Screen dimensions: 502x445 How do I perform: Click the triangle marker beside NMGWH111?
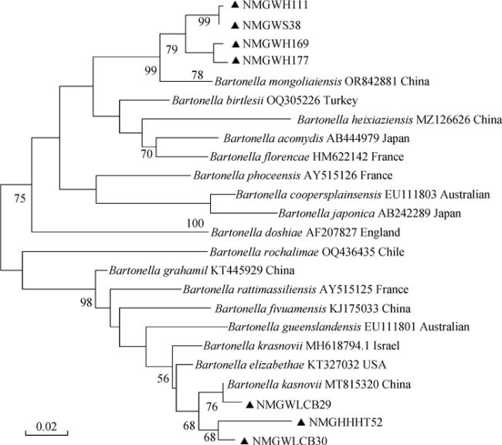coord(236,5)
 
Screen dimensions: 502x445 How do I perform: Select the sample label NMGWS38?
coord(272,25)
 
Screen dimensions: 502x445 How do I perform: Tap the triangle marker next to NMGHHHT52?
coord(300,423)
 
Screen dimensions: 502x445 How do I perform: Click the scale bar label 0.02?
coord(46,426)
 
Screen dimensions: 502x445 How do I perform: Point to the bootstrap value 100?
coord(195,223)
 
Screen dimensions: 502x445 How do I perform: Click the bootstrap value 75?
coord(19,199)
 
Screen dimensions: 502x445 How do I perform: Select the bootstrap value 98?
coord(86,302)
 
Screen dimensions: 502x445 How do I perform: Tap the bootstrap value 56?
coord(163,379)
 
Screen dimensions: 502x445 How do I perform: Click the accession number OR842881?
coord(371,81)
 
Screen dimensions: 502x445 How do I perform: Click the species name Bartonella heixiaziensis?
coord(355,120)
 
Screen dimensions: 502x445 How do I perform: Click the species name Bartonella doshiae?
coord(256,233)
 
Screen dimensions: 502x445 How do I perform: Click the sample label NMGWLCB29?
coord(293,405)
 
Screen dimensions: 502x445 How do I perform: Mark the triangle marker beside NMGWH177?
coord(236,60)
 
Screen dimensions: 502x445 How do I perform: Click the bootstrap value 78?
coord(198,75)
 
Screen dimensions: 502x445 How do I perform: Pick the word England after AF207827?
coord(380,233)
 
